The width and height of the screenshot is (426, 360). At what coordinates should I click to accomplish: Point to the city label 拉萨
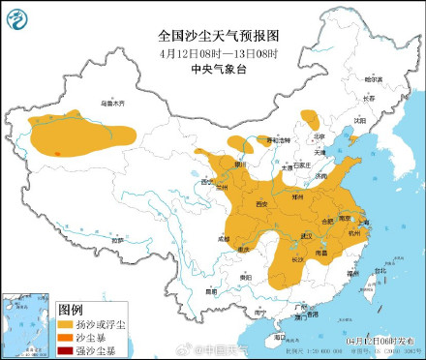pyautogui.click(x=118, y=239)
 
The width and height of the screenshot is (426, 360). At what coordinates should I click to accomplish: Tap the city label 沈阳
pyautogui.click(x=360, y=121)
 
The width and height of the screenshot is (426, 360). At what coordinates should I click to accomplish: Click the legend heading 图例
pyautogui.click(x=72, y=310)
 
